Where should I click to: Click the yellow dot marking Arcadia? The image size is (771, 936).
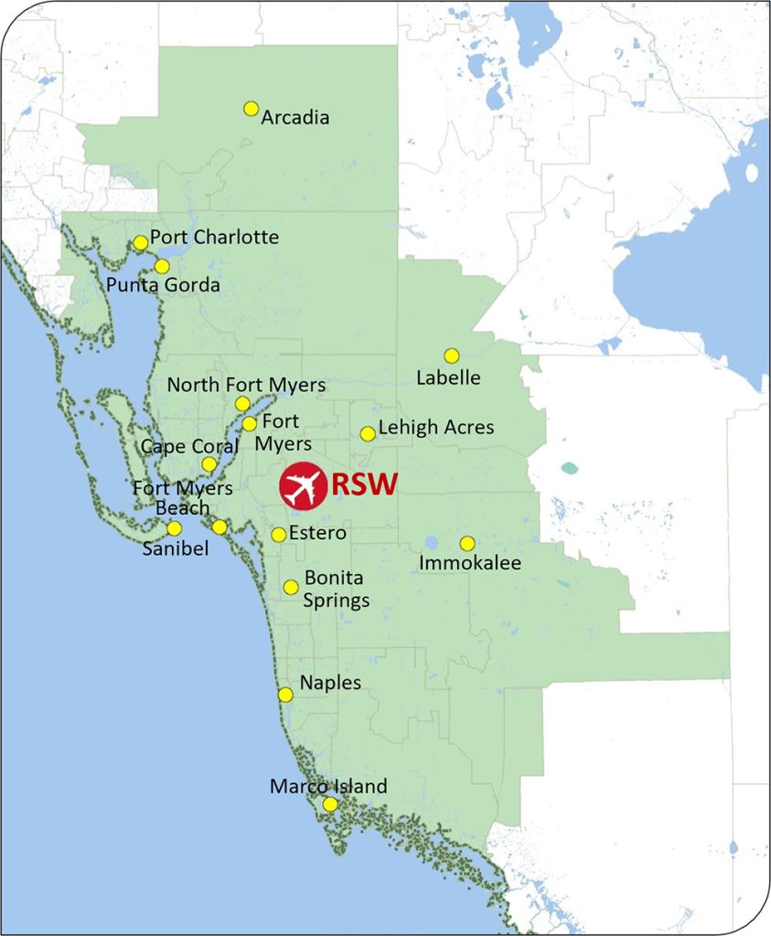[251, 109]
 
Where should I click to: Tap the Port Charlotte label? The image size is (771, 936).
[214, 238]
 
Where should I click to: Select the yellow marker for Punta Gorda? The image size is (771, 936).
[162, 266]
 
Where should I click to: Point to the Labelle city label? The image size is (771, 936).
[448, 377]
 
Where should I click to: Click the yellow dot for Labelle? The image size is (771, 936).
[451, 356]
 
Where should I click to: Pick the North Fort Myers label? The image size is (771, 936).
[246, 385]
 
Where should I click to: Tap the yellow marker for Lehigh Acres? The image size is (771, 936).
[368, 433]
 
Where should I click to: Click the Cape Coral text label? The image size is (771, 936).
[189, 446]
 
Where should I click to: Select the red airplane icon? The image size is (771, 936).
[303, 485]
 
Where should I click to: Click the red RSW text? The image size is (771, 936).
[364, 484]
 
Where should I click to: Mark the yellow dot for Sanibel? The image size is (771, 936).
[174, 527]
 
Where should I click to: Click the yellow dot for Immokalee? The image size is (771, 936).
[467, 543]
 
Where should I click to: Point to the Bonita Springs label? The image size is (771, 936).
[337, 590]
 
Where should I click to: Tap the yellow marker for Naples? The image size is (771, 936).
[285, 695]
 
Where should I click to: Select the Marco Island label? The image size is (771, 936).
[328, 786]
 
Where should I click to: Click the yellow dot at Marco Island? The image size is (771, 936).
[330, 804]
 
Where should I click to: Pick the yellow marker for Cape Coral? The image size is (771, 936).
[209, 464]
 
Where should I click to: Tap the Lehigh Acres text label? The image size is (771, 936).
[435, 427]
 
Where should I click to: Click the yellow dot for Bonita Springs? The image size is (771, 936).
[291, 587]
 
